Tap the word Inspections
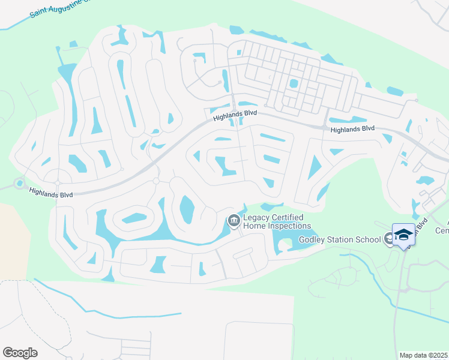point(290,226)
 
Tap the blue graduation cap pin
point(403,234)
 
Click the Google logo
point(20,352)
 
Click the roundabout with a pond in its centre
point(20,183)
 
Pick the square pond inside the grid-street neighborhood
point(294,83)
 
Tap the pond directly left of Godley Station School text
point(282,240)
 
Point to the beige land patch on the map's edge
point(13,240)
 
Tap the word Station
point(341,240)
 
